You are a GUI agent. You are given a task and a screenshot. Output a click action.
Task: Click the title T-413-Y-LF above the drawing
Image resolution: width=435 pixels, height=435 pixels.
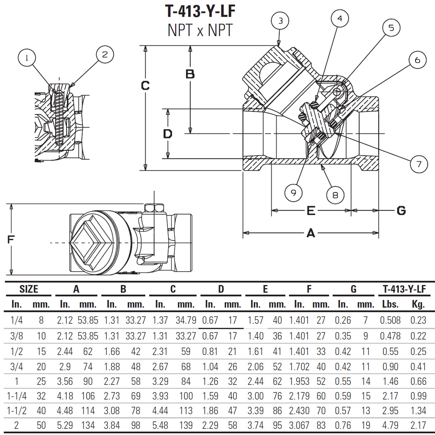click(x=200, y=11)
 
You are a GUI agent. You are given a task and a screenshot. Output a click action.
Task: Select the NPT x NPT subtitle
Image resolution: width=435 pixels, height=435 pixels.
click(x=200, y=30)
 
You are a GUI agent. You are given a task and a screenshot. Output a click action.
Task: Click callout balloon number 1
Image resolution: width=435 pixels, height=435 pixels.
click(x=27, y=58)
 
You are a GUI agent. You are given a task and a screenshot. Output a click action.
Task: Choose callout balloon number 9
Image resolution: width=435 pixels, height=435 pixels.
click(x=294, y=192)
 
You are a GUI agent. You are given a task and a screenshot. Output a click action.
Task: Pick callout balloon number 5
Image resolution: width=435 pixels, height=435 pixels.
click(x=391, y=28)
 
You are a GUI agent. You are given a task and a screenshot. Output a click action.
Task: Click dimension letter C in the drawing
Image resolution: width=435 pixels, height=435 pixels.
click(x=145, y=85)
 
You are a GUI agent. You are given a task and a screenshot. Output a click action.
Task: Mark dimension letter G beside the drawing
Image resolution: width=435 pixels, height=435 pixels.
click(x=401, y=211)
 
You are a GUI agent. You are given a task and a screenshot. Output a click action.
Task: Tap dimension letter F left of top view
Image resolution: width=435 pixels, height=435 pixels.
click(x=11, y=239)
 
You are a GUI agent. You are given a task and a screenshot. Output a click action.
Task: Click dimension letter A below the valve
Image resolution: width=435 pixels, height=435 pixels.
click(x=310, y=233)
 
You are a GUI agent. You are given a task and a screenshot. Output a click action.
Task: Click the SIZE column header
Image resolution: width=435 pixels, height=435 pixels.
click(x=29, y=289)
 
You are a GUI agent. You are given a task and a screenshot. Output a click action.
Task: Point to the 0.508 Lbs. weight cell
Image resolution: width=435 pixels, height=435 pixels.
click(x=390, y=320)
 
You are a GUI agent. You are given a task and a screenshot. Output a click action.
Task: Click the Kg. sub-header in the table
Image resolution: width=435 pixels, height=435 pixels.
click(x=418, y=304)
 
